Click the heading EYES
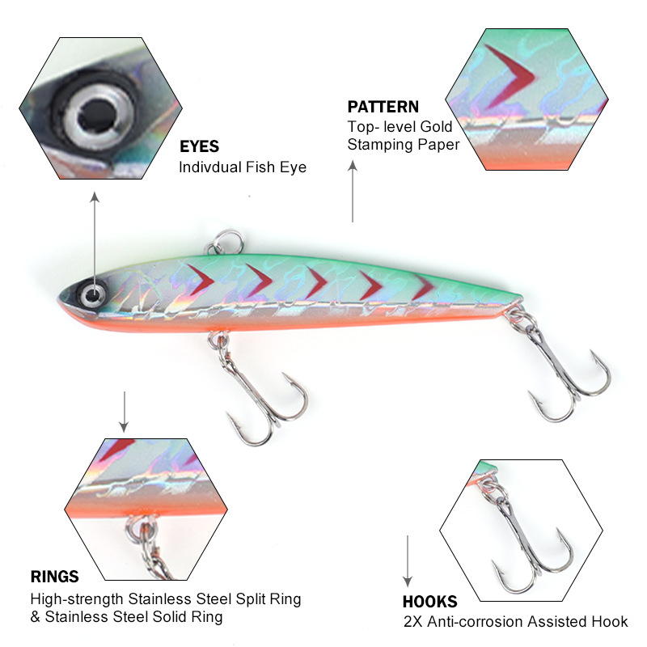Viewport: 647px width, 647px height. [x=199, y=147]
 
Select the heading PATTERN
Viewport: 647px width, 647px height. [x=383, y=107]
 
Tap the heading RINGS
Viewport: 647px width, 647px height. [x=55, y=577]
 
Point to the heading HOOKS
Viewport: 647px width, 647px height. [x=429, y=602]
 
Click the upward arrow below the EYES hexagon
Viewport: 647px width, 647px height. [x=95, y=235]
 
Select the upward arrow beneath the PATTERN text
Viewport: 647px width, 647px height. [x=353, y=190]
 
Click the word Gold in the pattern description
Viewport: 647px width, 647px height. [x=437, y=127]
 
